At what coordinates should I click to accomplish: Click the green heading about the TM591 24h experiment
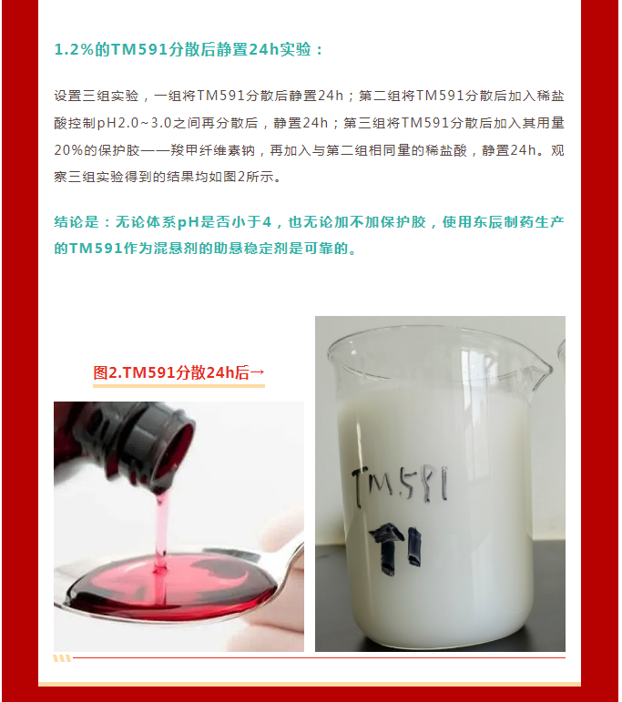[x=189, y=49]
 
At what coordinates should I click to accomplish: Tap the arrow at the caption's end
[x=258, y=372]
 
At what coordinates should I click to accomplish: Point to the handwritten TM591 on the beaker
[x=400, y=485]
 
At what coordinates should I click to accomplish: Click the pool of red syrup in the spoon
[x=172, y=585]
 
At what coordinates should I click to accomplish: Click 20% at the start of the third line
[x=68, y=150]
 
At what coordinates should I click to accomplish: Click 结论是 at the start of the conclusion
[x=76, y=222]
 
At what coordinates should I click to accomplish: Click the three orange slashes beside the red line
[x=62, y=658]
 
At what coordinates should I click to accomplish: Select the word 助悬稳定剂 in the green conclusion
[x=250, y=249]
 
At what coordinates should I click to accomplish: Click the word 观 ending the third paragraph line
[x=557, y=150]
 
